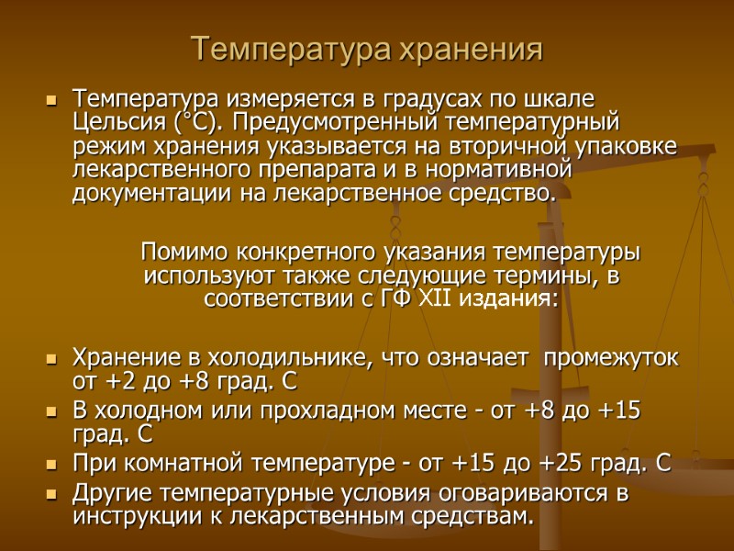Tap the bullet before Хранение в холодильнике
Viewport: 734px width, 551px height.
[x=50, y=358]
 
